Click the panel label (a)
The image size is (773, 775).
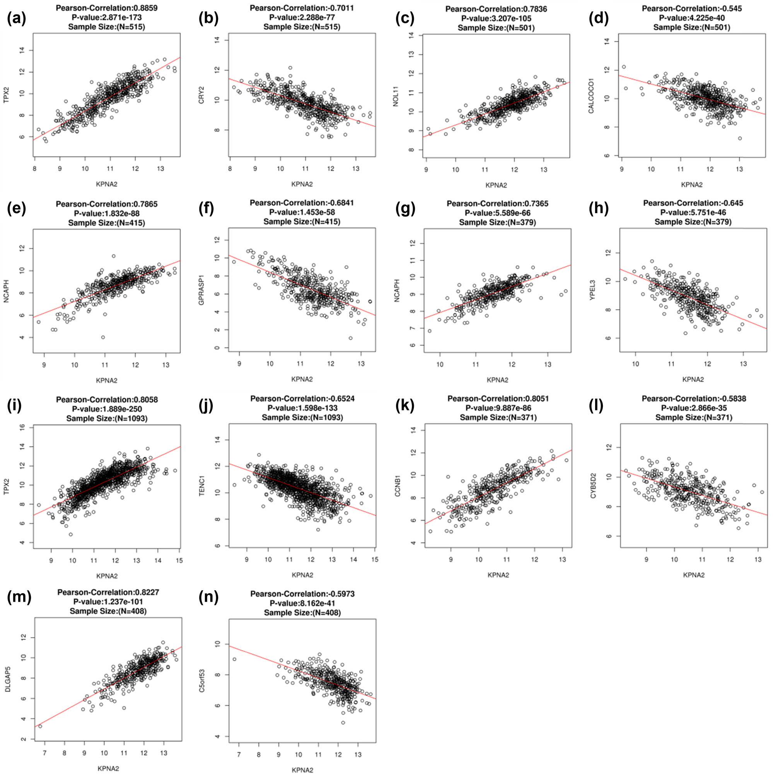click(x=17, y=19)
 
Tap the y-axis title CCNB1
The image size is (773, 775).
click(x=398, y=486)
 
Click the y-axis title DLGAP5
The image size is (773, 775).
click(x=7, y=679)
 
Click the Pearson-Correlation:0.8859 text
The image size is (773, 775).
click(x=107, y=8)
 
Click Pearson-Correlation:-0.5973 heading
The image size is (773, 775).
click(x=302, y=594)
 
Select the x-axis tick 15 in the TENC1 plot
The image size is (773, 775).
click(x=374, y=560)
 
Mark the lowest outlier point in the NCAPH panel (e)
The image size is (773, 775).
click(x=103, y=337)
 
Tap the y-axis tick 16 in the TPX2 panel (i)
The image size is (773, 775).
click(x=22, y=428)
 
